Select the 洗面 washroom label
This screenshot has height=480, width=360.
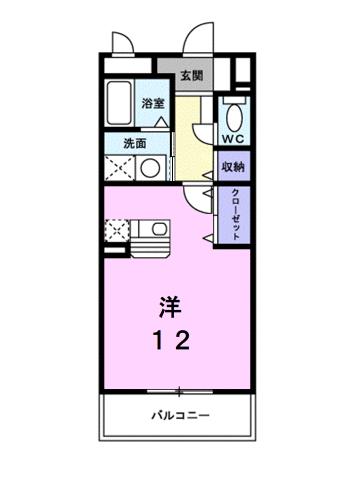pos(122,142)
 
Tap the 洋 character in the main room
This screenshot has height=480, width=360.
pos(171,304)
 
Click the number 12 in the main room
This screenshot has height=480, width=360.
pos(172,340)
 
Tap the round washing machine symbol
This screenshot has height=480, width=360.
pos(149,168)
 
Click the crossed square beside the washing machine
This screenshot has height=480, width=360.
pos(120,168)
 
